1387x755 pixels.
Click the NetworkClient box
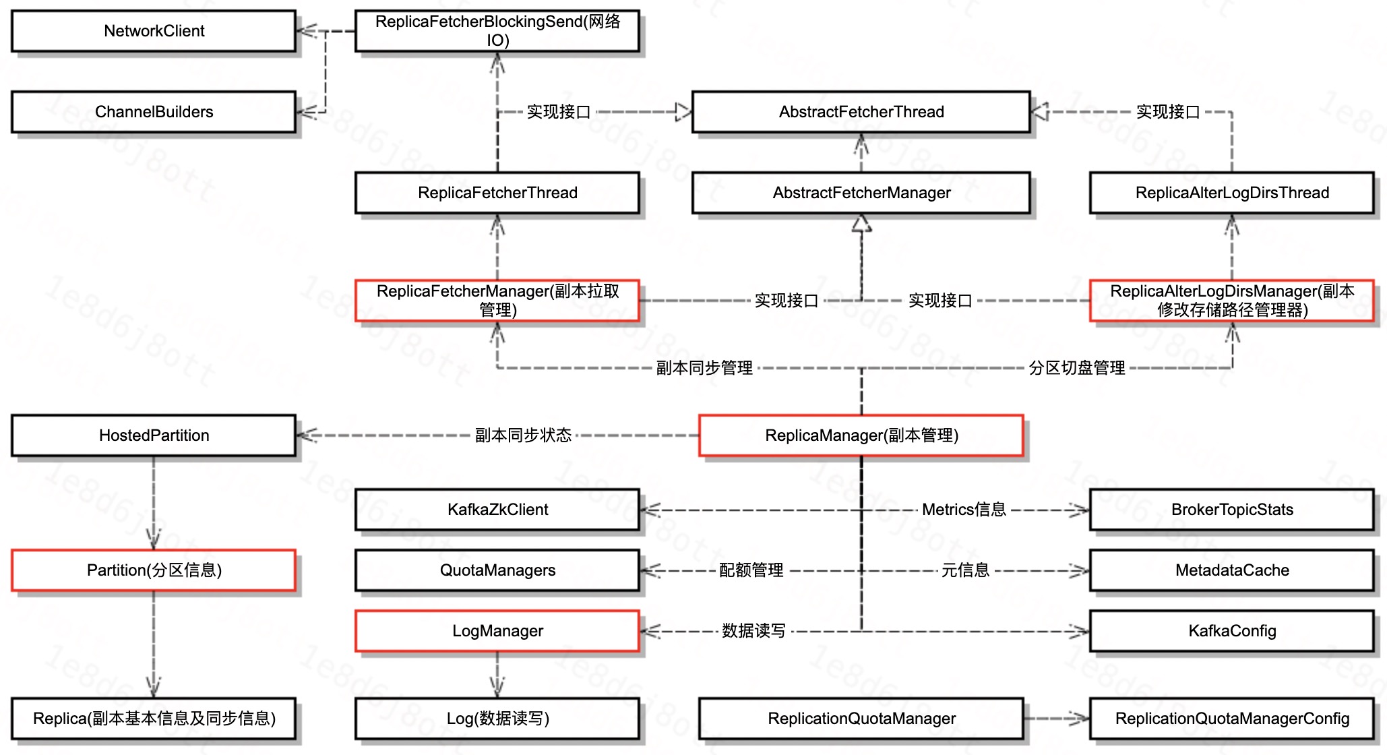click(154, 31)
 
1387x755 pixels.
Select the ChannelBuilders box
click(154, 112)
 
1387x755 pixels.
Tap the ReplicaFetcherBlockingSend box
click(497, 31)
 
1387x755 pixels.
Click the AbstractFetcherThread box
click(861, 112)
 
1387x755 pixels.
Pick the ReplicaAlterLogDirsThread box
click(1231, 193)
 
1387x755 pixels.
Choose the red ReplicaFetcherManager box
click(497, 301)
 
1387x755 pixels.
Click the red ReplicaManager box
click(861, 435)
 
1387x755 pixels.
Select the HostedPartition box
click(154, 435)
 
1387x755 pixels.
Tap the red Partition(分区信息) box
click(154, 570)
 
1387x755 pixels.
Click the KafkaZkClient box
click(497, 510)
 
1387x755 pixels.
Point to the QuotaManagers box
click(497, 570)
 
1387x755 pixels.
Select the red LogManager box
click(497, 631)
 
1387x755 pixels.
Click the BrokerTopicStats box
click(1231, 510)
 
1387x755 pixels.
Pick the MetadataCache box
click(1231, 570)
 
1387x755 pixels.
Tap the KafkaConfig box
click(1231, 631)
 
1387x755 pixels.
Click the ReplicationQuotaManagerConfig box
click(1231, 719)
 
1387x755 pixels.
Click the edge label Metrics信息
click(964, 510)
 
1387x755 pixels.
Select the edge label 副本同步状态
click(523, 435)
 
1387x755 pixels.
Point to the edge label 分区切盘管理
click(1076, 368)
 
